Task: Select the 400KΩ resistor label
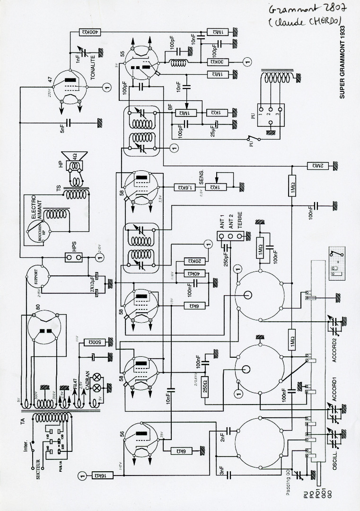point(94,32)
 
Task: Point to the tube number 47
point(50,79)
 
